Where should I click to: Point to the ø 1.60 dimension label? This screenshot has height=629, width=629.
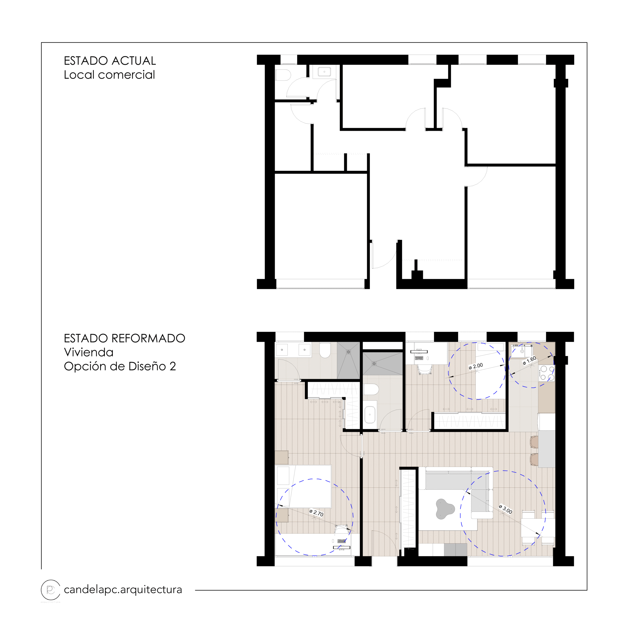[x=529, y=360]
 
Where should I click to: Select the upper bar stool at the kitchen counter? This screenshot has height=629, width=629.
[x=534, y=442]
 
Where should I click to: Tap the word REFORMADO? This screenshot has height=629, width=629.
[x=148, y=339]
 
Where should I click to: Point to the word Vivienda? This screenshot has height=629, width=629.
[x=88, y=352]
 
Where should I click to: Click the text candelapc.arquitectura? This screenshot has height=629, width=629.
[x=123, y=590]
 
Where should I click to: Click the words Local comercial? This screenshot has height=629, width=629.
[x=109, y=75]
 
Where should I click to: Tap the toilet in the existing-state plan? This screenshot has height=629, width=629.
[x=283, y=75]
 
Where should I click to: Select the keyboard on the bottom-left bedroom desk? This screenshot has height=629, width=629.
[x=342, y=541]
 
